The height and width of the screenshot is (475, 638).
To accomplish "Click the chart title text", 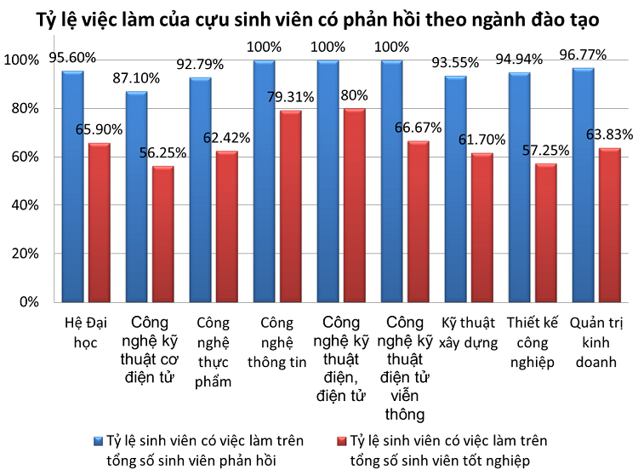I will point(319,18).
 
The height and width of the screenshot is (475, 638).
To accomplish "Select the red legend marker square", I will point(341,441).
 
